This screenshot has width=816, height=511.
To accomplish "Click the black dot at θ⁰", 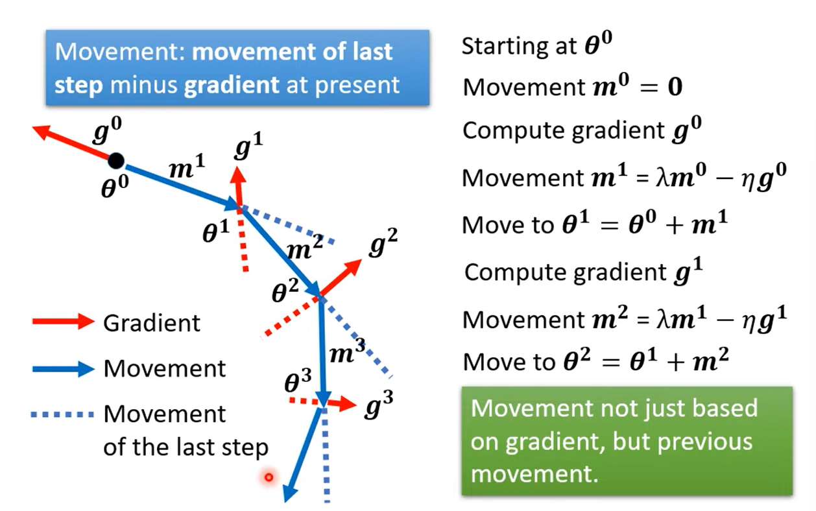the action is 115,160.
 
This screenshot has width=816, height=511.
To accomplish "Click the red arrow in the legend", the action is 63,322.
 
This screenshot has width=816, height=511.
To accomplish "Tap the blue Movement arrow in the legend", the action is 63,368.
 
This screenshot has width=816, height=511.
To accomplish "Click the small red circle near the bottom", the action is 268,478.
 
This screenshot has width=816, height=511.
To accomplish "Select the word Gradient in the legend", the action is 152,322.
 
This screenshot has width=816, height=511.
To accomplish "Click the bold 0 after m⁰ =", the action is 675,88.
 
